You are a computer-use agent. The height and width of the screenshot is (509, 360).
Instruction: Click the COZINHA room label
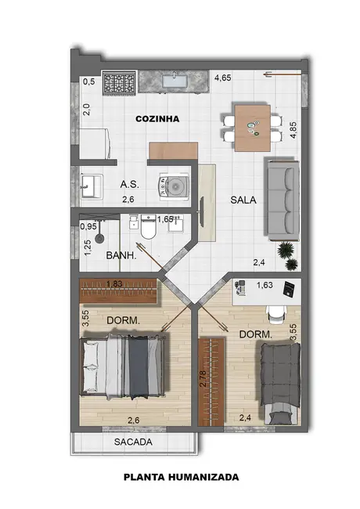[157, 119]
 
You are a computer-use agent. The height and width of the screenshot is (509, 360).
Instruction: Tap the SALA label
[243, 200]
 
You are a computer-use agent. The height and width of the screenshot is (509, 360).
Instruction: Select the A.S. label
[130, 185]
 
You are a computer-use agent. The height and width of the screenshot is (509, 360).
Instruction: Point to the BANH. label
[121, 254]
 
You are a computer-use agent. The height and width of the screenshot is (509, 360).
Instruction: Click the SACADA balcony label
[133, 442]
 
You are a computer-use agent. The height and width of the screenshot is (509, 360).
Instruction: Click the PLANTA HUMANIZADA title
[181, 476]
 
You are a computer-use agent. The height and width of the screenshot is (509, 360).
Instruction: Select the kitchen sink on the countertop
[174, 80]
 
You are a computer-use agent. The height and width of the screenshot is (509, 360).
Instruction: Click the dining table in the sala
[253, 127]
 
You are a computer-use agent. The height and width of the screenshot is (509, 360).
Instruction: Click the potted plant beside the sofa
[289, 250]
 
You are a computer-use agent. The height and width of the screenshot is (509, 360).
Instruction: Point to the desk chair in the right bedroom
[275, 311]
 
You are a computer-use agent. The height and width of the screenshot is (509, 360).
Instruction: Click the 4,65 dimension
[223, 78]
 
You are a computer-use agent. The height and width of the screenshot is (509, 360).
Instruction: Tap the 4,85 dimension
[293, 129]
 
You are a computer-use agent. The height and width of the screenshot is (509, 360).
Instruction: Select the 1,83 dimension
[114, 283]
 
